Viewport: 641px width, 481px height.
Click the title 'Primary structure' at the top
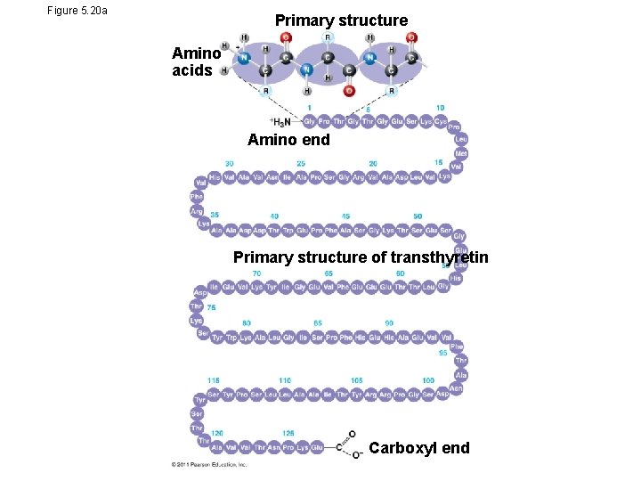coord(341,20)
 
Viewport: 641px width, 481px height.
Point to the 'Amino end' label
coord(288,140)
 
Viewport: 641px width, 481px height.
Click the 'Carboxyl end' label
coord(419,447)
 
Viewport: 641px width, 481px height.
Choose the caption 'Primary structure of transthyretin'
coord(361,257)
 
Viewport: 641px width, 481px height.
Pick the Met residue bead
coord(460,153)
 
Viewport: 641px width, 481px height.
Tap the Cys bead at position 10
coord(441,121)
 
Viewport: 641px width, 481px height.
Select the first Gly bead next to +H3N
coord(309,121)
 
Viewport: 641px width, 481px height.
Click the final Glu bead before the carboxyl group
coord(317,446)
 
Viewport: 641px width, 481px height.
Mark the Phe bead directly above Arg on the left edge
coord(198,197)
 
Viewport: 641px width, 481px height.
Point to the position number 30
coord(230,163)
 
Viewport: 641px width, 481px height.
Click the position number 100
coord(428,380)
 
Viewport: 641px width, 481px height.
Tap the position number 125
coord(288,433)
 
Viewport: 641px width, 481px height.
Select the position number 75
coord(211,307)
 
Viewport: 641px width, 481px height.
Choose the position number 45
coord(345,216)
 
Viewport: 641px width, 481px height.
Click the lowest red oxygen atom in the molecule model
coord(348,90)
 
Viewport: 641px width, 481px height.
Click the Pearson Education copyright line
coord(209,464)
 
